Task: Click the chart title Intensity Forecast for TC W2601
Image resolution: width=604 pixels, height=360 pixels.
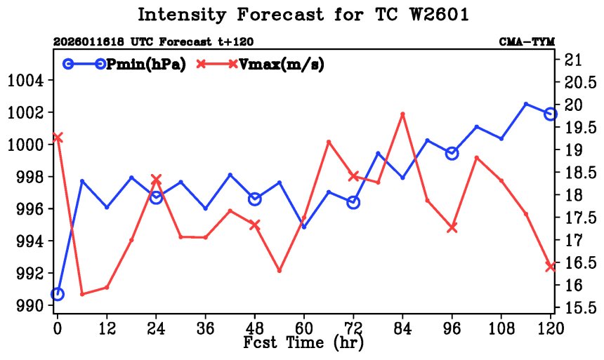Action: pos(302,15)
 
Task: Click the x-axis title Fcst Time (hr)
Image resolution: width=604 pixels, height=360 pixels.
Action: pos(303,344)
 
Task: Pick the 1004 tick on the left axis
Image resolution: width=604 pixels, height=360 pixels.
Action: pos(25,81)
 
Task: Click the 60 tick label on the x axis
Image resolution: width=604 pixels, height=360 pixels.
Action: pos(303,327)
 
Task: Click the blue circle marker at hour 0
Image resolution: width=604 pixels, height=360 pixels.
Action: pos(58,294)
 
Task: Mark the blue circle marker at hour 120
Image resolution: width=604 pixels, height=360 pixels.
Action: pos(551,114)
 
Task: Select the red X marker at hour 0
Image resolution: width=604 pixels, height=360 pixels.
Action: pos(58,138)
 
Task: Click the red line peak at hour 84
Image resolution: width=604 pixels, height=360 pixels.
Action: pos(402,114)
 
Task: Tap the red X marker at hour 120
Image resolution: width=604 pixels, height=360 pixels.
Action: pos(551,266)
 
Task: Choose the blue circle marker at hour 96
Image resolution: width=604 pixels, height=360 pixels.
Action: pos(452,153)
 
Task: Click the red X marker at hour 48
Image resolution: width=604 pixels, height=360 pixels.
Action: pos(255,225)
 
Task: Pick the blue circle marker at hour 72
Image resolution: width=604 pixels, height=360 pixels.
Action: pos(353,202)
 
